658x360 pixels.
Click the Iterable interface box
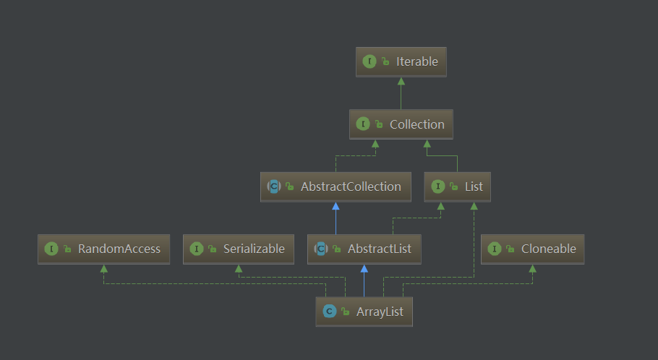pyautogui.click(x=401, y=62)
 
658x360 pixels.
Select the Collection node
pyautogui.click(x=401, y=124)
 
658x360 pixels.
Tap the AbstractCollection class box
pyautogui.click(x=336, y=187)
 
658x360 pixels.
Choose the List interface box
pyautogui.click(x=458, y=187)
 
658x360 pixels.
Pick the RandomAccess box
pyautogui.click(x=103, y=249)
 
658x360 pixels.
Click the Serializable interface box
pyautogui.click(x=239, y=249)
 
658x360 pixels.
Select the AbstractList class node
pyautogui.click(x=364, y=249)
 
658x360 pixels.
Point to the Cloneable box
pyautogui.click(x=532, y=249)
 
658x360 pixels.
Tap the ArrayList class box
pyautogui.click(x=364, y=312)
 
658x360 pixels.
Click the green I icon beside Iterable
pyautogui.click(x=369, y=61)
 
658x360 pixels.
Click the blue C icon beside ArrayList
pyautogui.click(x=330, y=312)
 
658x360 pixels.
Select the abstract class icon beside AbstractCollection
pyautogui.click(x=274, y=187)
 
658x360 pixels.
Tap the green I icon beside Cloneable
pyautogui.click(x=495, y=249)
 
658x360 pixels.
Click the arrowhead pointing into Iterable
pyautogui.click(x=401, y=81)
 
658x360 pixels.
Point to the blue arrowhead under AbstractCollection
pyautogui.click(x=336, y=206)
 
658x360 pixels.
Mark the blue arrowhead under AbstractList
pyautogui.click(x=364, y=268)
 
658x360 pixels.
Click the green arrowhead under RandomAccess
pyautogui.click(x=103, y=268)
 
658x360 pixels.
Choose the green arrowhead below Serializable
pyautogui.click(x=239, y=268)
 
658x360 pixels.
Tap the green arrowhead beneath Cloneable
pyautogui.click(x=532, y=268)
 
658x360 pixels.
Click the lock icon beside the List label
pyautogui.click(x=454, y=187)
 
